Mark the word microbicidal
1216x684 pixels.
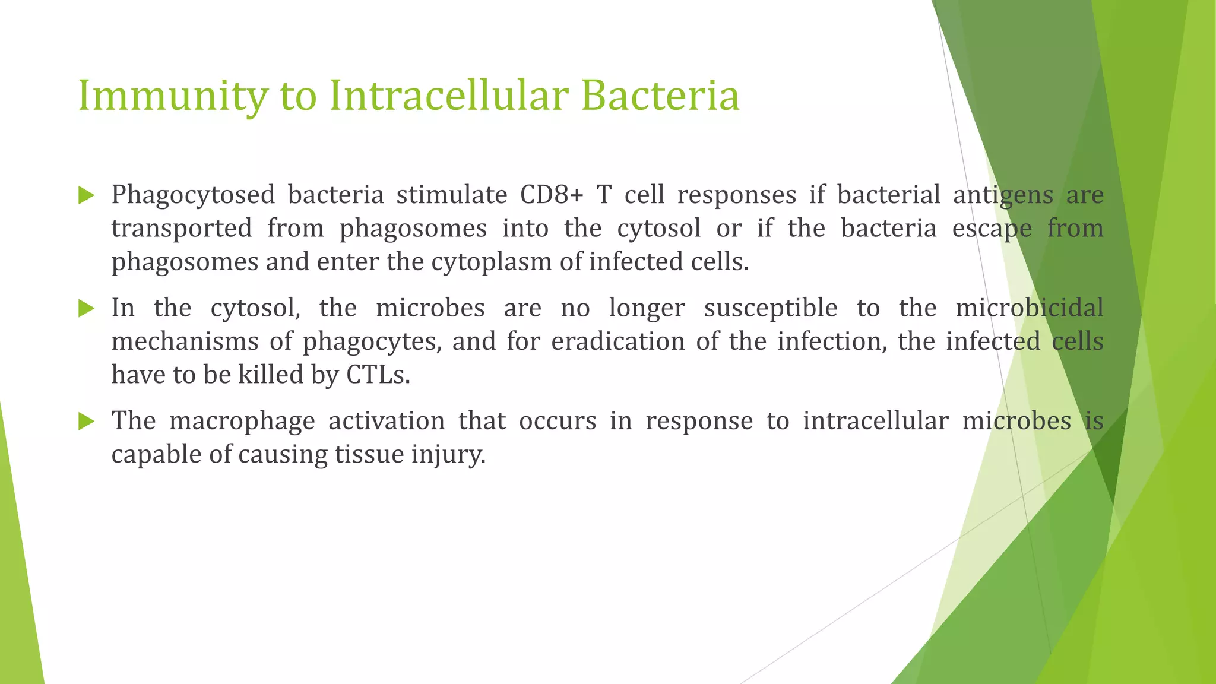click(x=1030, y=308)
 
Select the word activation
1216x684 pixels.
click(x=387, y=421)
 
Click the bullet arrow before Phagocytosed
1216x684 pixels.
click(x=86, y=195)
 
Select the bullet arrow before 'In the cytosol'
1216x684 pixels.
click(x=86, y=308)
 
